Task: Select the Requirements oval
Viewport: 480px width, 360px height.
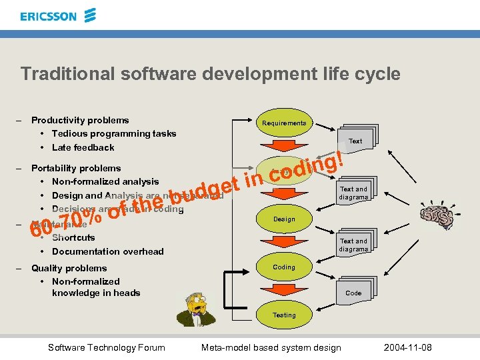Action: (x=284, y=123)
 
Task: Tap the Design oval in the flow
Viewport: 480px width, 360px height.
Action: (x=284, y=219)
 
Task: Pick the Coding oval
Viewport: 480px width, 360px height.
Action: (x=284, y=267)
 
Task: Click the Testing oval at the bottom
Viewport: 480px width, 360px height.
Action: (x=284, y=315)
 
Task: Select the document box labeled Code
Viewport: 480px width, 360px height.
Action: (x=353, y=292)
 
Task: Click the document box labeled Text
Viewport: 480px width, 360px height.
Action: (x=355, y=141)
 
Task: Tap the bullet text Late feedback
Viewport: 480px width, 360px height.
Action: (x=83, y=147)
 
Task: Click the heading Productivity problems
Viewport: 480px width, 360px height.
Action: (x=80, y=120)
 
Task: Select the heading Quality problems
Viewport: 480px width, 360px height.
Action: (x=69, y=268)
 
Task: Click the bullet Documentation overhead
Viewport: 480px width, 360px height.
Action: (x=107, y=251)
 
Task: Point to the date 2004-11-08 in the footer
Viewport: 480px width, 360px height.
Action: (x=408, y=347)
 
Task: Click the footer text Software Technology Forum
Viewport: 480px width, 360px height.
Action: (x=107, y=347)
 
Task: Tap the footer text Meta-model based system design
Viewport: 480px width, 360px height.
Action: (x=271, y=347)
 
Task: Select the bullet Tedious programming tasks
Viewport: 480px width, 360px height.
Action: (x=114, y=133)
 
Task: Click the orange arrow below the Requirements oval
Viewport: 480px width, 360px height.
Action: (x=284, y=146)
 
